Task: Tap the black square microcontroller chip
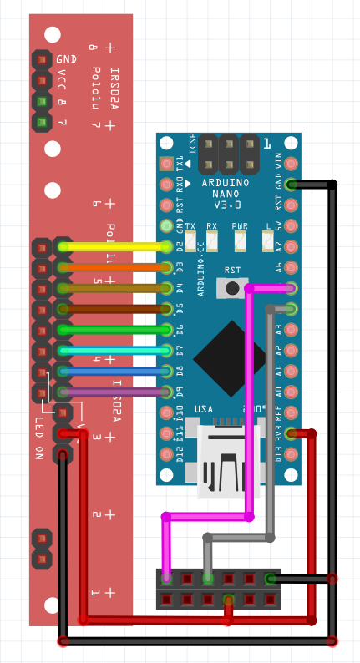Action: tap(231, 358)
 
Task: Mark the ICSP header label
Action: tap(192, 146)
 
